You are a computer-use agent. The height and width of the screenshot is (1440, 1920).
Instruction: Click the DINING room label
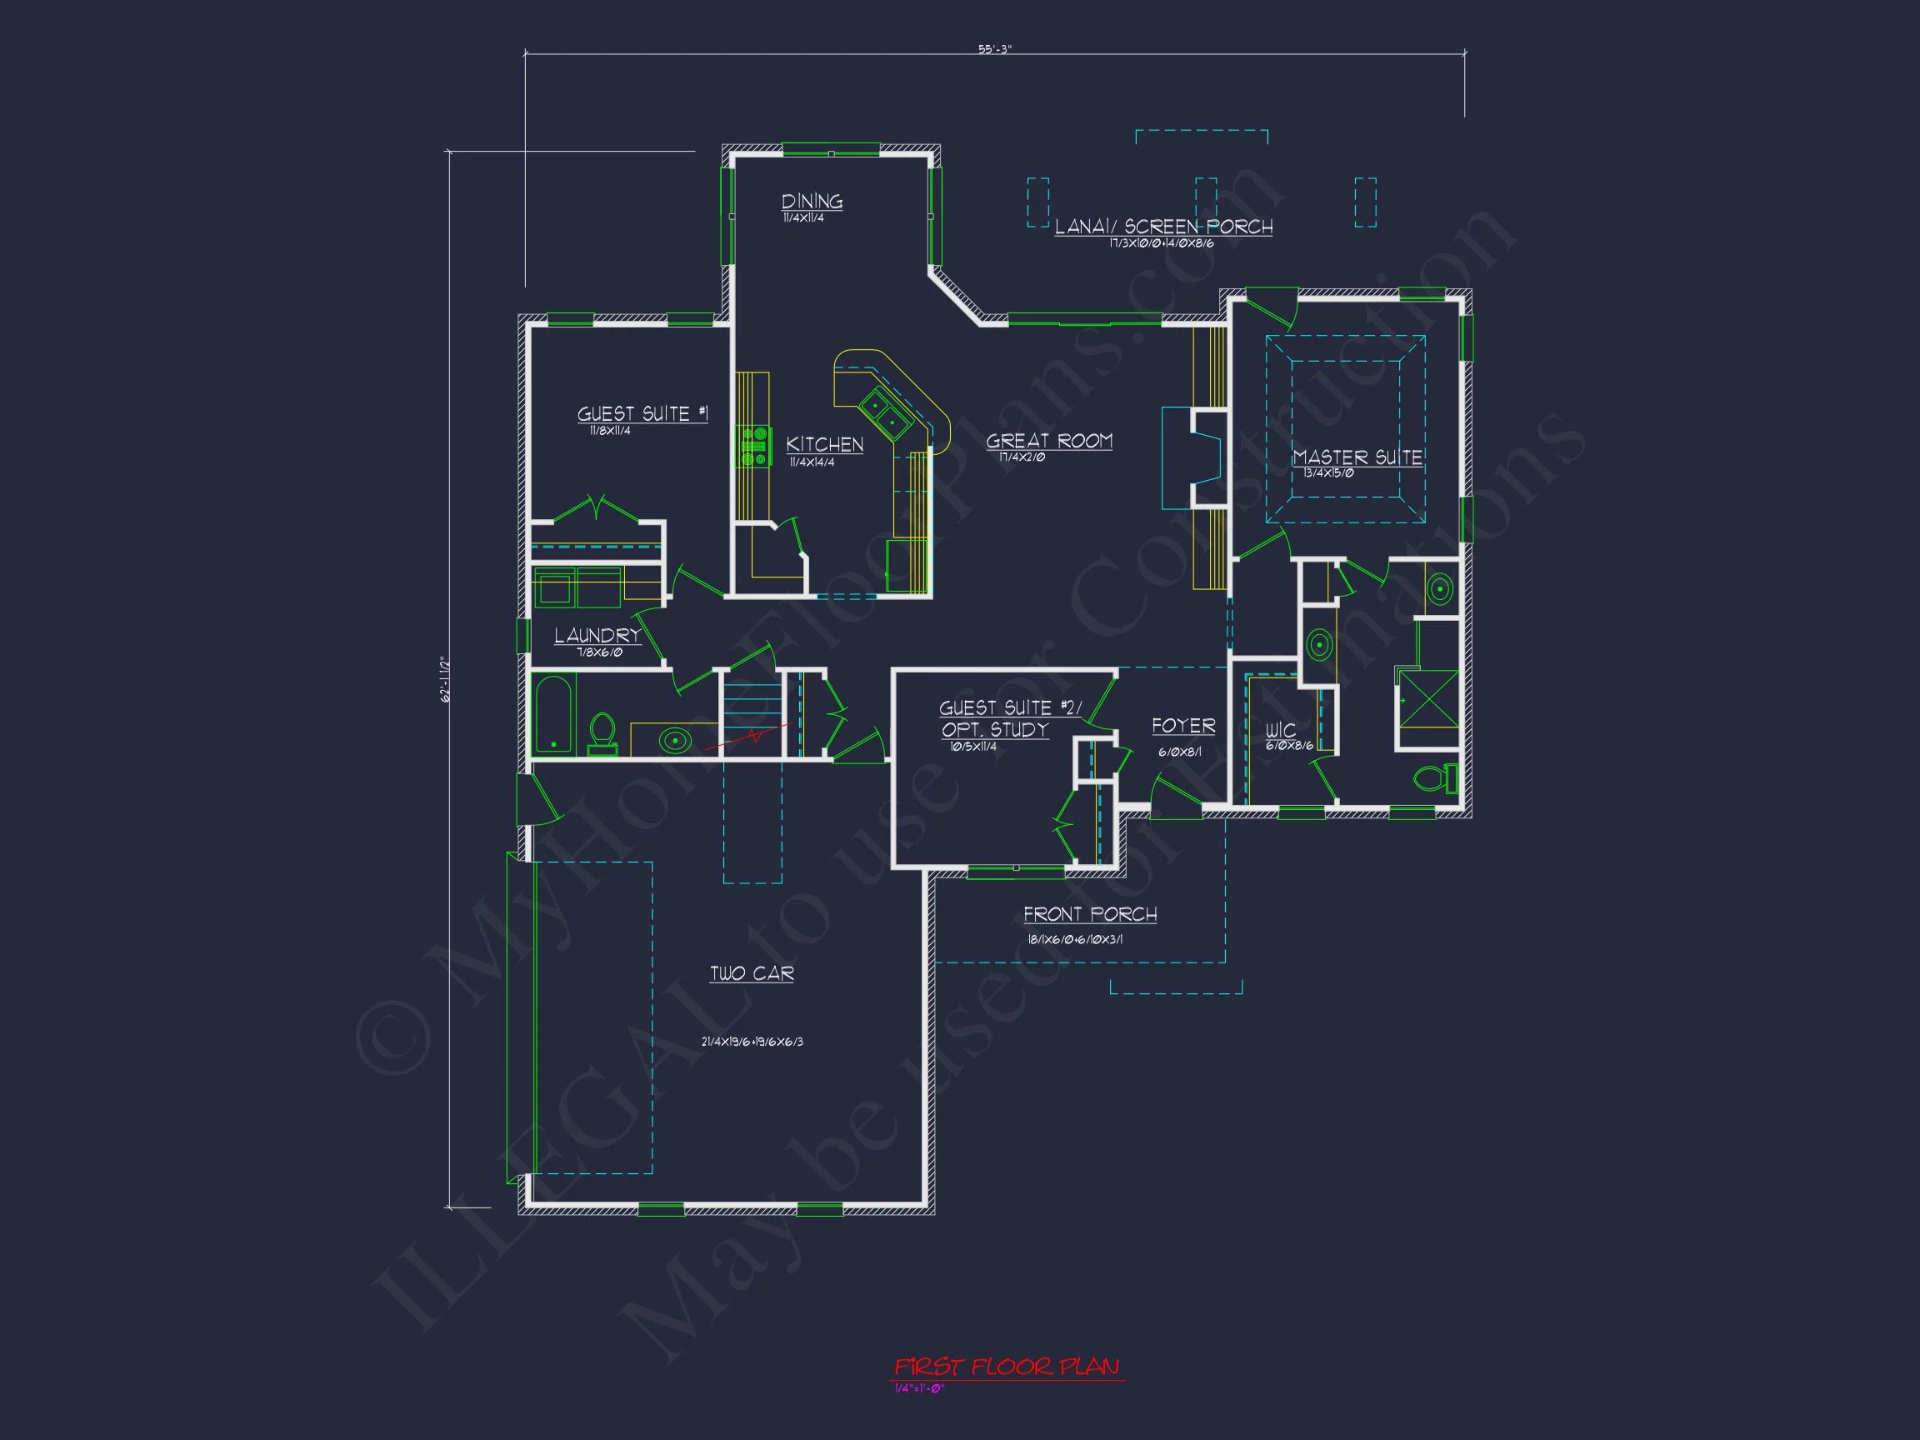click(x=812, y=202)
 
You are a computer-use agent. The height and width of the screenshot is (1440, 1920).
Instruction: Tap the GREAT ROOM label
click(x=1048, y=441)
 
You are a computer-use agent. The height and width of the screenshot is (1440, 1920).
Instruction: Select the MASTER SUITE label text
click(x=1357, y=457)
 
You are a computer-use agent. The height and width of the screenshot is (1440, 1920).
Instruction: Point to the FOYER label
click(x=1183, y=726)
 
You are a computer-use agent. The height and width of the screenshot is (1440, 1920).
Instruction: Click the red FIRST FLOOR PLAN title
click(x=1007, y=1367)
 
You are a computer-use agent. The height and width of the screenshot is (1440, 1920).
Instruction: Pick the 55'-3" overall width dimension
click(x=995, y=49)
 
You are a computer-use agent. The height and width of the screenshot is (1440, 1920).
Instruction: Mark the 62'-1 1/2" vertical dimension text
click(x=446, y=679)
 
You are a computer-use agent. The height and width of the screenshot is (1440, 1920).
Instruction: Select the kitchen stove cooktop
click(x=754, y=445)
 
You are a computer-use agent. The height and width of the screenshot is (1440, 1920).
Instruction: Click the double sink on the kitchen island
click(x=884, y=414)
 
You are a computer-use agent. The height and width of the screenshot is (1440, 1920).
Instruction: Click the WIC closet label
click(x=1280, y=730)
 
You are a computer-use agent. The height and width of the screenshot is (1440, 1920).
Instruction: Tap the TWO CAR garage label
click(x=752, y=973)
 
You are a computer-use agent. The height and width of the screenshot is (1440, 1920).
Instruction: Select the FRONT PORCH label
click(x=1089, y=914)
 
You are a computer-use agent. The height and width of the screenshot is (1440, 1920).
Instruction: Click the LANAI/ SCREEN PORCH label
click(x=1163, y=227)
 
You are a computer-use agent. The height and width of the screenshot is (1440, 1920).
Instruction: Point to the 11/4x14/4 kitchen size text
click(x=812, y=462)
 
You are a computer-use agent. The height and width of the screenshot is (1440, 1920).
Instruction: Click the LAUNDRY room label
click(x=597, y=635)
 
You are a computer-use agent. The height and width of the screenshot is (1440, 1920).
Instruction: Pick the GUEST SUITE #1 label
click(x=642, y=414)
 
